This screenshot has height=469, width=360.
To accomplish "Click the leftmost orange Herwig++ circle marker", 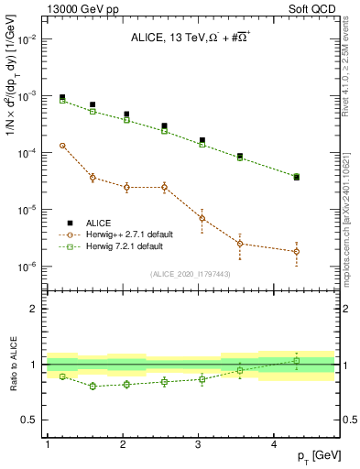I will tap(62, 145).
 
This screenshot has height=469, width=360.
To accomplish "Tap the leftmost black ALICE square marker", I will tap(62, 97).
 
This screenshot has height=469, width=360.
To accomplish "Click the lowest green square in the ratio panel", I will tap(93, 387).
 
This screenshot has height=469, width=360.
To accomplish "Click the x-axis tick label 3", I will tap(199, 444).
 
